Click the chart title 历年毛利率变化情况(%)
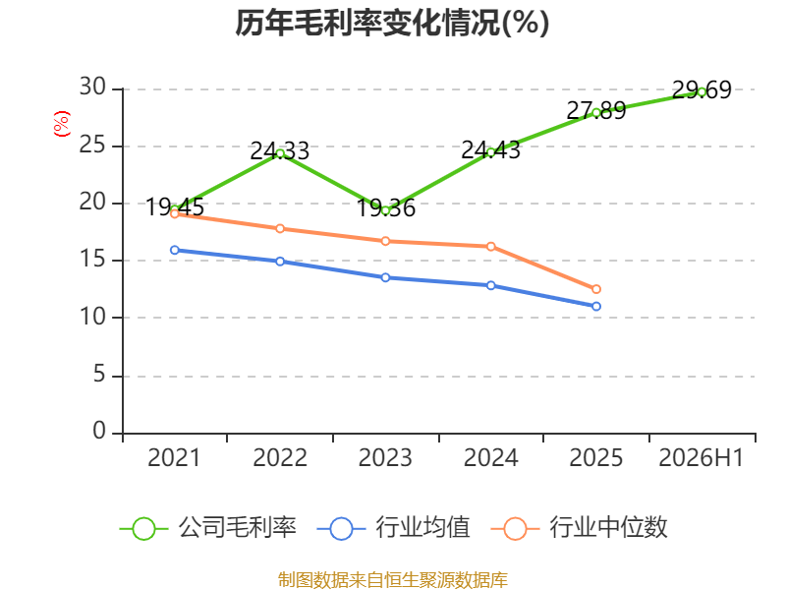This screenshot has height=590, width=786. pos(392,23)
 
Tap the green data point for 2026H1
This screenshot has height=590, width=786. pos(702,91)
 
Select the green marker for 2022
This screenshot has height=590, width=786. pos(280,153)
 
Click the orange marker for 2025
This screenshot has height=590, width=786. pos(596,289)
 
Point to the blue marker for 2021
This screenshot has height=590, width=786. pos(175,250)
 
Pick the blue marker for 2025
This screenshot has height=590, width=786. pos(596,306)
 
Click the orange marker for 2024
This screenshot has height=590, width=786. pos(490,247)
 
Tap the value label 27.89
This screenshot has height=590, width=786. pos(596,110)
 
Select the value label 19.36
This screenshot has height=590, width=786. pos(385,207)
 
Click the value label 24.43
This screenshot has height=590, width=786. pos(490,150)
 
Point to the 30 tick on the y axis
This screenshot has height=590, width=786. pos(92,87)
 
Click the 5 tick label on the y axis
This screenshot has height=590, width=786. pos(99,375)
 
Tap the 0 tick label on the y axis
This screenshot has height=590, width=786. pos(99,431)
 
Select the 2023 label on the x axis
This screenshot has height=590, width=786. pos(385,457)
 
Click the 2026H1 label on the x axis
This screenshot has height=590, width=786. pos(701,457)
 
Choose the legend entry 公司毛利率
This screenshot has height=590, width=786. pos(208,528)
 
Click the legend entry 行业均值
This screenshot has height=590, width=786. pos(394,528)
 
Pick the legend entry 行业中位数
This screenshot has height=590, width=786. pos(579,528)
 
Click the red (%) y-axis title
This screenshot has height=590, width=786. pos(62,124)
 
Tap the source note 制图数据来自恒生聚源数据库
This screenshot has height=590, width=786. pos(392,580)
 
